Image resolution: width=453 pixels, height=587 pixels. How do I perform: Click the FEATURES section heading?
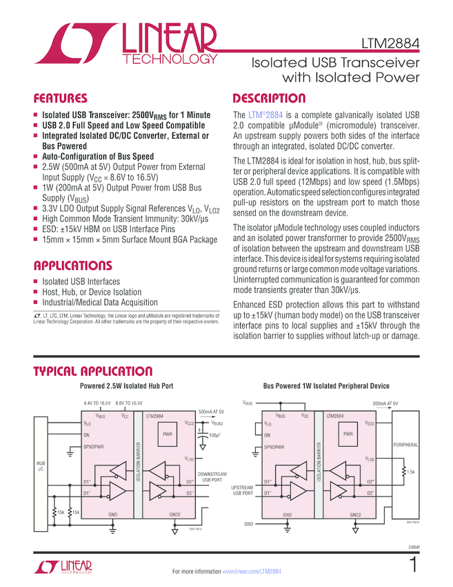pyautogui.click(x=61, y=98)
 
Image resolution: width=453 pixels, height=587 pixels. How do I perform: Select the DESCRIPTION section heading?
pyautogui.click(x=269, y=98)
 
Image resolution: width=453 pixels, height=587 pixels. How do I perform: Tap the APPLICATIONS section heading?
pyautogui.click(x=72, y=265)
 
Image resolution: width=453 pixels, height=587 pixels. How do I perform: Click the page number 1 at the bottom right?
pyautogui.click(x=412, y=565)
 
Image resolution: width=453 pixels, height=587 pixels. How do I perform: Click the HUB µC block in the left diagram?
pyautogui.click(x=41, y=467)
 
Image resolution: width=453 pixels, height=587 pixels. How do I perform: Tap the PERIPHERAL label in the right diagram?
pyautogui.click(x=405, y=445)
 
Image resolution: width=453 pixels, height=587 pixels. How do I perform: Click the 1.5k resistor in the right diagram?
pyautogui.click(x=408, y=472)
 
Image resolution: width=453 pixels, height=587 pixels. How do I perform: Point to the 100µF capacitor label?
pyautogui.click(x=214, y=435)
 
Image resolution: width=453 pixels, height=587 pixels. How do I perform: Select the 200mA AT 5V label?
pyautogui.click(x=385, y=403)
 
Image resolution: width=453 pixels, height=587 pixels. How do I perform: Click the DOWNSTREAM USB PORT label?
pyautogui.click(x=212, y=477)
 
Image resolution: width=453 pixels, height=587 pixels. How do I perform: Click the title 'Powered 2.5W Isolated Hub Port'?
pyautogui.click(x=126, y=386)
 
